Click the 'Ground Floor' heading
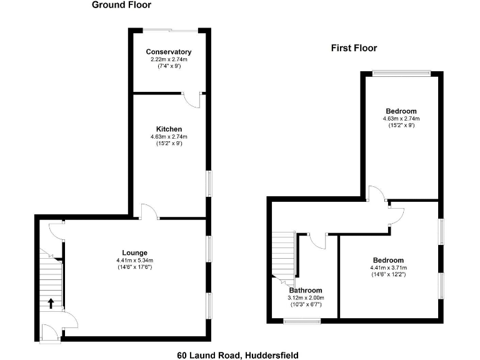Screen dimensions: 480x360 pyautogui.click(x=121, y=5)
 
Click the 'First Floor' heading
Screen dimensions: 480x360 pyautogui.click(x=354, y=48)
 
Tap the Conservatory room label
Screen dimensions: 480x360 pyautogui.click(x=168, y=51)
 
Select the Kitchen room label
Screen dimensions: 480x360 pyautogui.click(x=169, y=129)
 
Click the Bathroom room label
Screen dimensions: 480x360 pyautogui.click(x=306, y=291)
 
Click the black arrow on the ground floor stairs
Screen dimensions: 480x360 pyautogui.click(x=51, y=304)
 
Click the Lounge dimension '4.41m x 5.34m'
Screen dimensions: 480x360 pyautogui.click(x=134, y=260)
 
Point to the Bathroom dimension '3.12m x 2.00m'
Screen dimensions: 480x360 pyautogui.click(x=306, y=298)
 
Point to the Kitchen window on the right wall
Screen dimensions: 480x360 pyautogui.click(x=209, y=184)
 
